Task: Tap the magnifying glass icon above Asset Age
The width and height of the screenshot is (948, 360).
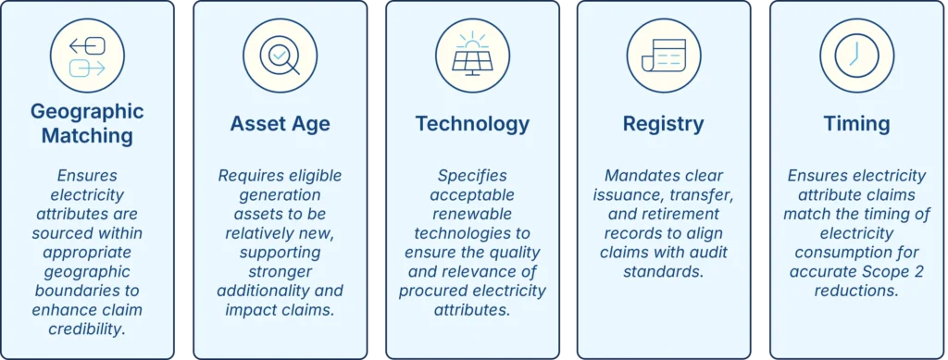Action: tap(280, 56)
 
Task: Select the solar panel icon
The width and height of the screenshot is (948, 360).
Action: tap(472, 55)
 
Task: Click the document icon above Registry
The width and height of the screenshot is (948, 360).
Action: tap(663, 56)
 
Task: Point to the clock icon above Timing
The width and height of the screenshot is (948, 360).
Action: tap(856, 56)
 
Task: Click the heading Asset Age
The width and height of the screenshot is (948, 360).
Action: tap(280, 124)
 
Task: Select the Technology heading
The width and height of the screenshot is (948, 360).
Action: tap(472, 124)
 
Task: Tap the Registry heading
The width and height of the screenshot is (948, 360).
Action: tap(663, 124)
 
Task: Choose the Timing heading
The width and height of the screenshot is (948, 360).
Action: tap(856, 124)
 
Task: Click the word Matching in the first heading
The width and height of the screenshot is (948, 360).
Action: tap(87, 136)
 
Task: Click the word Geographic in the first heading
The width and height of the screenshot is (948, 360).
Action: tap(87, 112)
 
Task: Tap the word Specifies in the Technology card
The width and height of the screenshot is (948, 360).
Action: tap(472, 175)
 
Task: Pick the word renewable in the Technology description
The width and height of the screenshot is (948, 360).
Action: tap(472, 214)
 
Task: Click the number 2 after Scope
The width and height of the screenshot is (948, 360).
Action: tap(919, 272)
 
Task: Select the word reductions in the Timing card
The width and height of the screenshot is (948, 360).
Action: tap(856, 292)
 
